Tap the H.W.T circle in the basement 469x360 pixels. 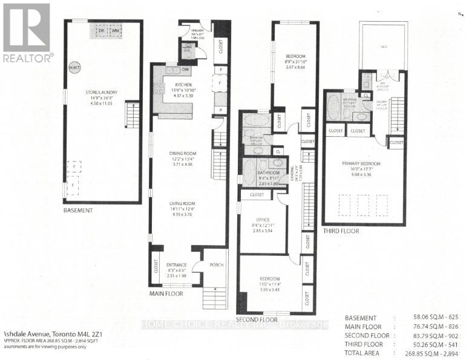74,68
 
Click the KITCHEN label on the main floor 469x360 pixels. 183,85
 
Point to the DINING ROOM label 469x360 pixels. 184,153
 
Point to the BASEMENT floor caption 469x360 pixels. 78,211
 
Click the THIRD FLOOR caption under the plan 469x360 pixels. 341,231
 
